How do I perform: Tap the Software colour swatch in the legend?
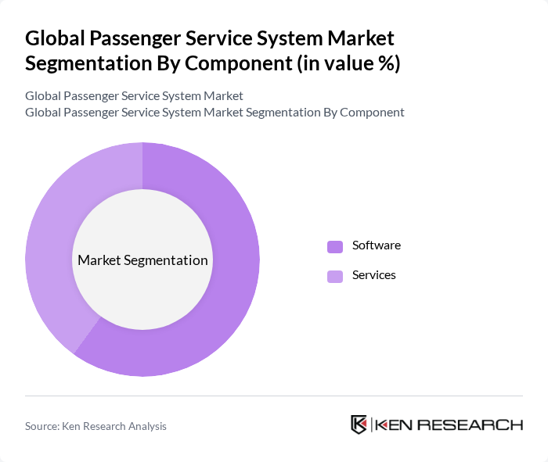tap(335, 246)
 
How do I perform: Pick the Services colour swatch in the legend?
tap(335, 276)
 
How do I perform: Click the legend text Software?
tap(376, 245)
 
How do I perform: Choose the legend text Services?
tap(373, 275)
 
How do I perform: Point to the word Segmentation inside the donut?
tap(170, 260)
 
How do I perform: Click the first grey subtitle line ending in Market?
tap(134, 96)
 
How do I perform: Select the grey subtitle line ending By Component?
tap(215, 113)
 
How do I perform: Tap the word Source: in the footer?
tap(43, 426)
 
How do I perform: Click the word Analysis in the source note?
tap(146, 426)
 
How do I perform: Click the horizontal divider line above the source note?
tap(274, 396)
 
